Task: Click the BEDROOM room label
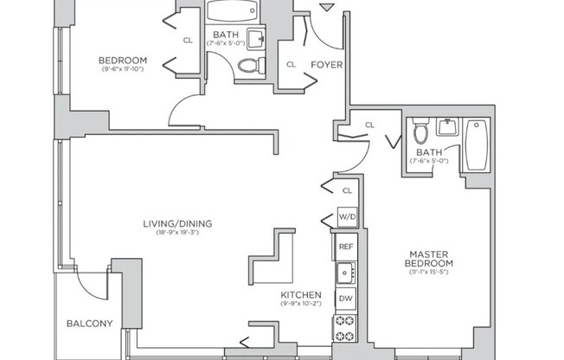(124, 60)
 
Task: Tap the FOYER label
(325, 63)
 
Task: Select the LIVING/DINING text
(177, 223)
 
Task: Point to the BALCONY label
(89, 324)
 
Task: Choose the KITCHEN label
(300, 294)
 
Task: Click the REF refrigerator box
(346, 247)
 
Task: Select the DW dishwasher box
(346, 299)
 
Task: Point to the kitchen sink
(346, 273)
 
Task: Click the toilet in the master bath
(421, 132)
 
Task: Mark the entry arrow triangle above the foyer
(325, 8)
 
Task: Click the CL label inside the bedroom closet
(188, 40)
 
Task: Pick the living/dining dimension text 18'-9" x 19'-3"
(177, 233)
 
